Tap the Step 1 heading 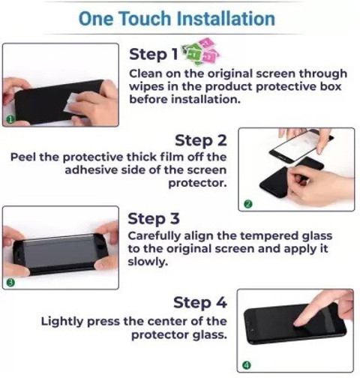pos(153,54)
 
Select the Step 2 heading pos(201,141)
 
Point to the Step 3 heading pos(154,219)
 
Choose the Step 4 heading pos(200,302)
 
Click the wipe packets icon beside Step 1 pos(201,52)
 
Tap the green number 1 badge pos(10,120)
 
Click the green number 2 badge pos(248,204)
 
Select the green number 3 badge pos(10,283)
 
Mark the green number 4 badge pos(247,365)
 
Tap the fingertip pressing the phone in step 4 pos(298,323)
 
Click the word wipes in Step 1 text pos(146,87)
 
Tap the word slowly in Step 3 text pos(148,262)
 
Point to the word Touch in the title pos(145,19)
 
